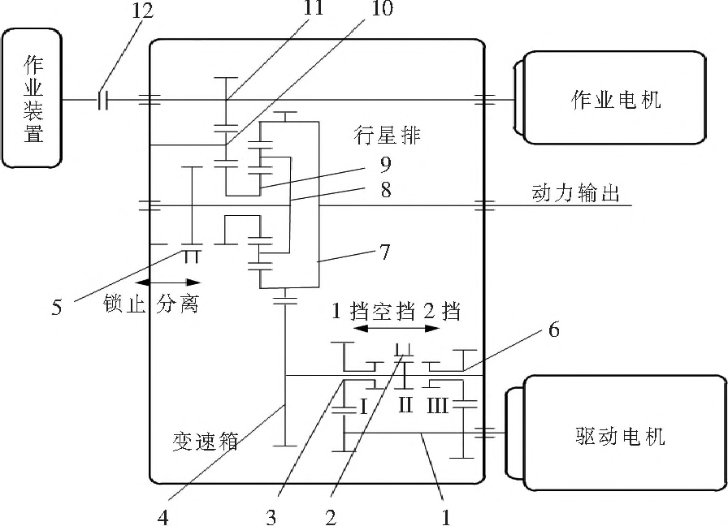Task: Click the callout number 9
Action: (385, 166)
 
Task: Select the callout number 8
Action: (385, 192)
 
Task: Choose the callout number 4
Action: (163, 517)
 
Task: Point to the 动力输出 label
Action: (576, 193)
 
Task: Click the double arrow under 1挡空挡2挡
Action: (398, 329)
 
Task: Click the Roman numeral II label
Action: (406, 404)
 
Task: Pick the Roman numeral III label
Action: (438, 405)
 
